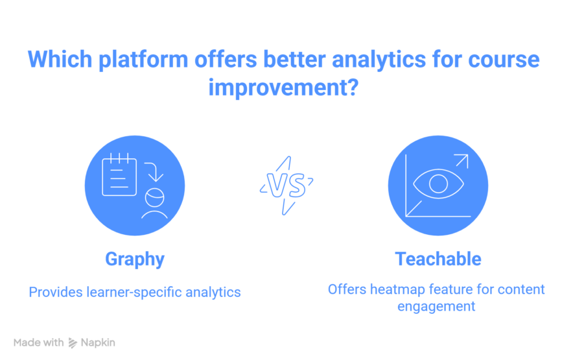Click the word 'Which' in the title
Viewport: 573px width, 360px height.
click(x=60, y=59)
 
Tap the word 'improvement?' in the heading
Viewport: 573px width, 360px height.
click(x=283, y=88)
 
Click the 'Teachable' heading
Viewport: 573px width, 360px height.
click(x=438, y=259)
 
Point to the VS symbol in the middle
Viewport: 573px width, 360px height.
click(x=286, y=186)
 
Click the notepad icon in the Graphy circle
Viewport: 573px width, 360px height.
click(x=119, y=174)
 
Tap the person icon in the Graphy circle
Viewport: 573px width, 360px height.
click(x=154, y=204)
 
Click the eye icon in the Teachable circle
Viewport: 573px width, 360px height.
click(x=439, y=184)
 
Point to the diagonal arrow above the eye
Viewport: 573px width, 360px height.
click(x=461, y=162)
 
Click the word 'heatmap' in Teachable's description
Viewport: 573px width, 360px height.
click(x=399, y=289)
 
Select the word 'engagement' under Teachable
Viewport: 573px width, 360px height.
click(x=436, y=307)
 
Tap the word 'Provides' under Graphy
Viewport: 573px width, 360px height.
click(x=56, y=292)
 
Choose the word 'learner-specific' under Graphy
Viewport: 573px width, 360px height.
click(x=134, y=293)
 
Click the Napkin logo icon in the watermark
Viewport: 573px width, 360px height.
click(x=73, y=342)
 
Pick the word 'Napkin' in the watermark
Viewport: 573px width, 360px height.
click(x=98, y=342)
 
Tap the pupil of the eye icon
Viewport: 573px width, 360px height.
click(x=439, y=184)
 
